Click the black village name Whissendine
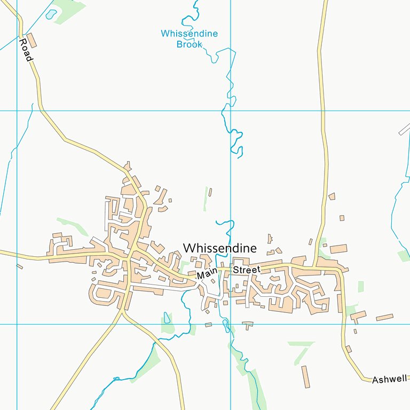pos(219,248)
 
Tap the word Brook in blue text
pos(190,44)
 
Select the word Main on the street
pos(205,274)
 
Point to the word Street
pos(246,270)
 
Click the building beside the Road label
pos(33,40)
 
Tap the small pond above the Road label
pos(51,15)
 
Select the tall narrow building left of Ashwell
pos(305,377)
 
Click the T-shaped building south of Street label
pos(248,324)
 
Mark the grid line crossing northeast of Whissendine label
pos(231,111)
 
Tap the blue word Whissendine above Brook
pos(190,34)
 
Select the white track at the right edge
pos(405,129)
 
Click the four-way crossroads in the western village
pos(129,258)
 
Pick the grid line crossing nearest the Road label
pos(17,111)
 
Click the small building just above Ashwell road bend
pos(349,349)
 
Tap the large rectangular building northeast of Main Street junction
pos(338,249)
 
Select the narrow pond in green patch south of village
pos(167,319)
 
